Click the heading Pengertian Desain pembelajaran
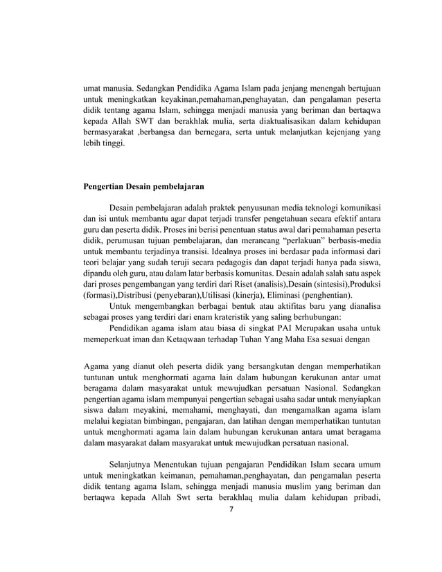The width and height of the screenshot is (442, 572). [x=143, y=186]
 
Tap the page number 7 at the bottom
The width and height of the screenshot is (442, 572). [x=232, y=508]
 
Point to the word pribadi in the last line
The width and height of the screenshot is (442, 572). [x=364, y=497]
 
